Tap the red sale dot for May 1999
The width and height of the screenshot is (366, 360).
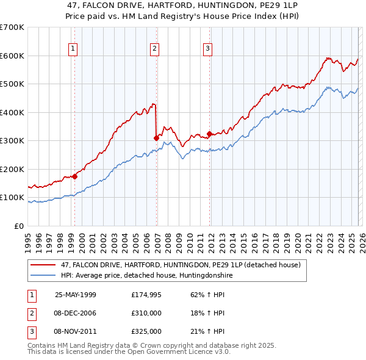74,176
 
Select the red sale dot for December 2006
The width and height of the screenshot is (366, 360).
156,138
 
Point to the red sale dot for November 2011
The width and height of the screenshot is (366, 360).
209,134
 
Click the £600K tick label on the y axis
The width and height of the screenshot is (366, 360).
12,56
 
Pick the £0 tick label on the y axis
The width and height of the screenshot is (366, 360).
18,226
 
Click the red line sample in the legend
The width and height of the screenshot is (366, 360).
43,265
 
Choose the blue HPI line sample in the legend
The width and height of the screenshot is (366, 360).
43,276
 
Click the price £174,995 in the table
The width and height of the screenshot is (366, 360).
146,295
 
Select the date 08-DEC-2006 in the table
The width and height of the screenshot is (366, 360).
75,313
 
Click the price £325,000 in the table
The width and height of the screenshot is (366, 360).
146,331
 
